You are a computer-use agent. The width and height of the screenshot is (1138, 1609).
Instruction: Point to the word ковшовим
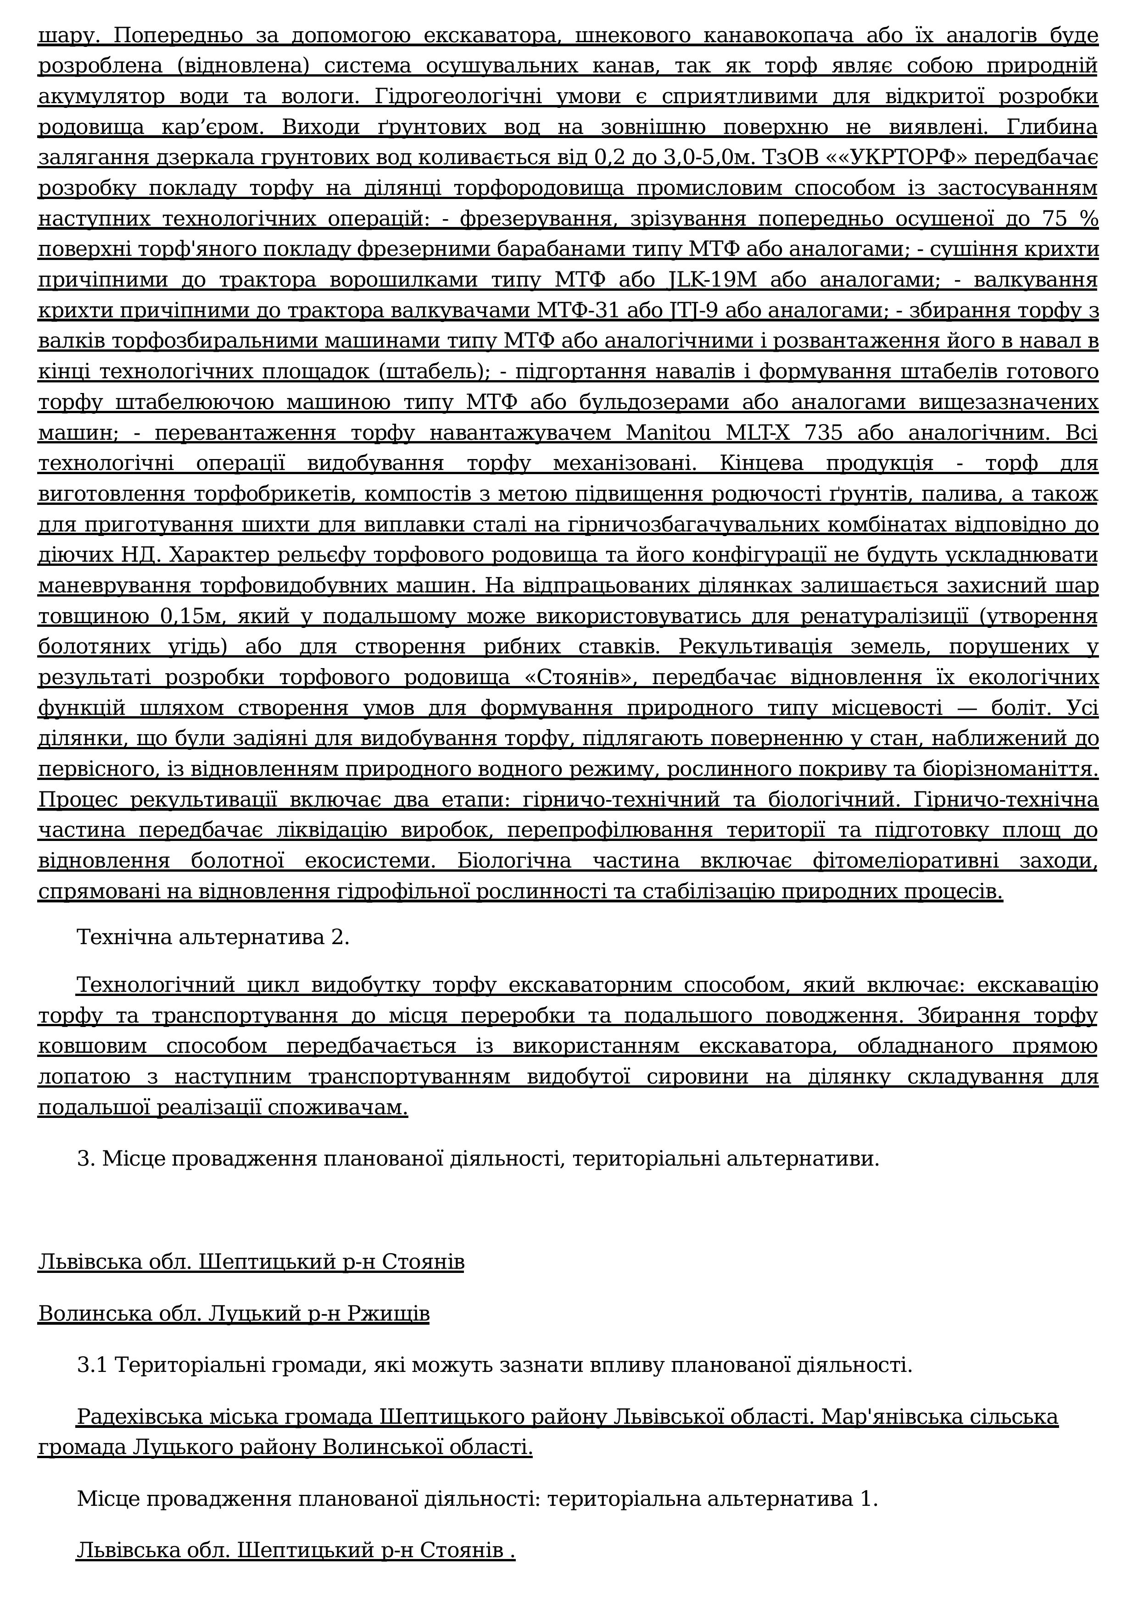click(93, 1046)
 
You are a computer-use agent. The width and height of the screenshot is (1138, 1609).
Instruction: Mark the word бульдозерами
click(624, 402)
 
